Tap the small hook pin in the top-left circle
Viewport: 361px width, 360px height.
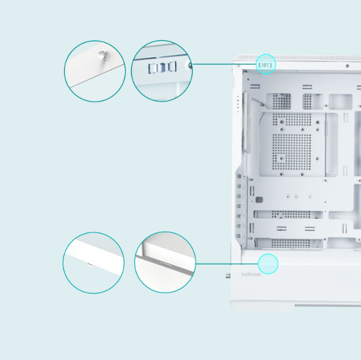(x=101, y=55)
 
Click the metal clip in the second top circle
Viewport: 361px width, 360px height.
(x=161, y=67)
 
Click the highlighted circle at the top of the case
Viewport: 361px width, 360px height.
(x=266, y=63)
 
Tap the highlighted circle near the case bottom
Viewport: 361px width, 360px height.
(x=267, y=264)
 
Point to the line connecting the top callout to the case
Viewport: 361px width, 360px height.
(x=223, y=63)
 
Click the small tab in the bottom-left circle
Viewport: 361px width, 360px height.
(x=89, y=264)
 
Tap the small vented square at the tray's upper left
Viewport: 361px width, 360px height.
(x=282, y=101)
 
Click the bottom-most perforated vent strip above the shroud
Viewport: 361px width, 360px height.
(x=292, y=243)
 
